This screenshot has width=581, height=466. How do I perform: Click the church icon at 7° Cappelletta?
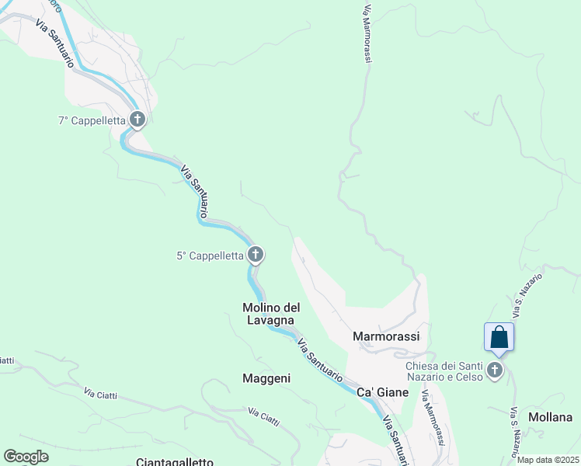tap(137, 120)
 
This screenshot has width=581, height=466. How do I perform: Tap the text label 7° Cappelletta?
tap(92, 120)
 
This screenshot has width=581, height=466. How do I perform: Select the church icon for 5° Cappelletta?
tap(255, 254)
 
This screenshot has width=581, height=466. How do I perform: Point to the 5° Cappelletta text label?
tap(210, 255)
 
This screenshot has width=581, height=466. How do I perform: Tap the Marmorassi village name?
tap(386, 336)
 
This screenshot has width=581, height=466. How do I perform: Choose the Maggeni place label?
tap(266, 378)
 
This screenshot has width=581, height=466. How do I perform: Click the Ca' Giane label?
tap(382, 393)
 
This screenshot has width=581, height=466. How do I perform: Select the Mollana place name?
tap(550, 417)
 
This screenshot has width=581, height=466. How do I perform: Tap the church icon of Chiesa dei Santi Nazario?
tap(496, 370)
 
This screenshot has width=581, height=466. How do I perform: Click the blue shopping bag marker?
tap(499, 338)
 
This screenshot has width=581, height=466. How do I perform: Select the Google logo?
tap(26, 457)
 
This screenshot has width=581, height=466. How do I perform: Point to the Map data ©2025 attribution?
tap(548, 460)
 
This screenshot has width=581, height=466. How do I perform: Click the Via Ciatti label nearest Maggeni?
tap(264, 416)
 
